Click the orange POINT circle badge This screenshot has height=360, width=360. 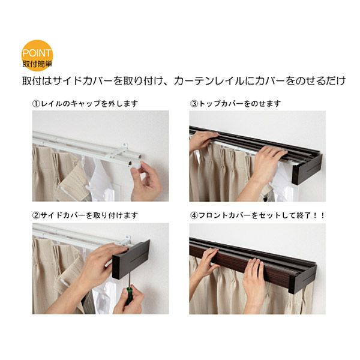pos(37,55)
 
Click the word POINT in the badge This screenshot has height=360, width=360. pos(37,53)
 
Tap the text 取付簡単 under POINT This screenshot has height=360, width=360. pos(37,64)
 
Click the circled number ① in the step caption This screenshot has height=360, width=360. pos(36,104)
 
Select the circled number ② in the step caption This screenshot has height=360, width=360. pos(36,215)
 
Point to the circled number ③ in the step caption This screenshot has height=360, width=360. pos(194,104)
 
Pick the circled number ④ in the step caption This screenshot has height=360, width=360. pos(194,215)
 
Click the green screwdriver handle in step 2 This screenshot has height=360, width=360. pos(129,295)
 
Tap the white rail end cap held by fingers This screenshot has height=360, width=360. pos(136,164)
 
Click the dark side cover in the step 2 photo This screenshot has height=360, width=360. pos(131,259)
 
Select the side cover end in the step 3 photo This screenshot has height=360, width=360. pos(307,169)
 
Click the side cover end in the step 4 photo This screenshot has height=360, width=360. pos(302,279)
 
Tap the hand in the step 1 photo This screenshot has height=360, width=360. pos(146,181)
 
